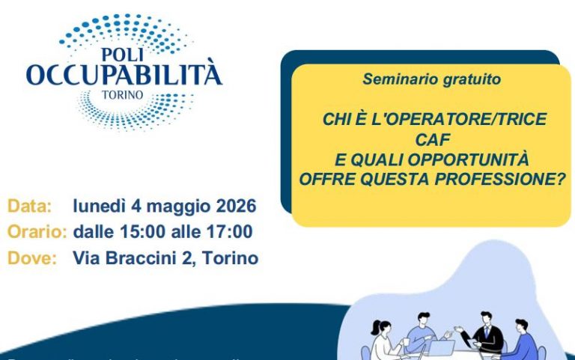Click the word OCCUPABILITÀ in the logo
tap(124, 75)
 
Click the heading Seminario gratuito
tap(432, 79)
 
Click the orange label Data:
tap(30, 206)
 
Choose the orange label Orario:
tap(37, 232)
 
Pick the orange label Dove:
tap(32, 258)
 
